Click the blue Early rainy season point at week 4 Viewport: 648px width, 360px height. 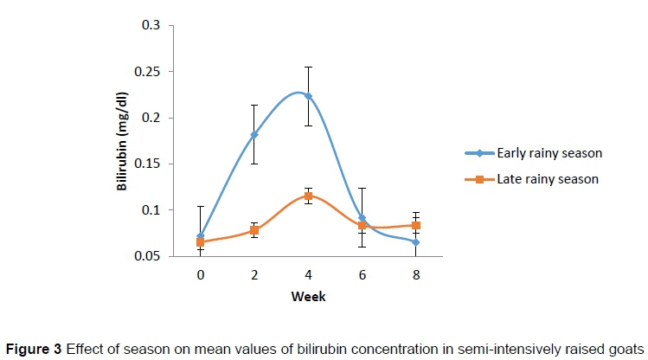point(308,96)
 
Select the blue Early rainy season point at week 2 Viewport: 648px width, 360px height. point(254,134)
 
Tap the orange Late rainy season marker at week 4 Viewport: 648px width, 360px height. point(308,196)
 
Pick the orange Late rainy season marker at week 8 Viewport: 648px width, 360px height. point(416,225)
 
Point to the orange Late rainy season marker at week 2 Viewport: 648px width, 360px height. point(254,230)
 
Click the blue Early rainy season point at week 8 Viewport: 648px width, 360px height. point(416,242)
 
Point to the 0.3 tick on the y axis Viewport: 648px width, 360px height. point(153,25)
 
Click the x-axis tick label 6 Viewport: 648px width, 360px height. point(362,273)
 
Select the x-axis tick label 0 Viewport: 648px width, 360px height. point(201,273)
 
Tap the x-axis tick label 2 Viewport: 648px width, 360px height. point(254,273)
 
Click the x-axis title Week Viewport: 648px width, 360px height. point(308,295)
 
